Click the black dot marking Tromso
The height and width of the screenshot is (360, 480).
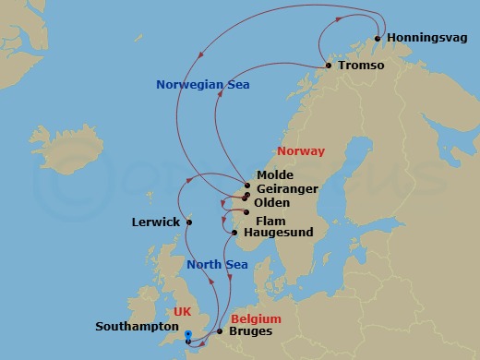click(x=329, y=66)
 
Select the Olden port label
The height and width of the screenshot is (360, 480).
click(x=271, y=203)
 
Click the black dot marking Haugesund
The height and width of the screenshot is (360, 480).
click(x=234, y=233)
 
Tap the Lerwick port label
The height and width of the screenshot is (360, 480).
click(x=154, y=222)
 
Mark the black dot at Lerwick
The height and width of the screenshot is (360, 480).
click(x=188, y=222)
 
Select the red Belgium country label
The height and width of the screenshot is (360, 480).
click(x=258, y=318)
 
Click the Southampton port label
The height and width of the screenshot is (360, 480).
click(x=136, y=327)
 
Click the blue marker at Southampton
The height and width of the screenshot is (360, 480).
click(x=187, y=336)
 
